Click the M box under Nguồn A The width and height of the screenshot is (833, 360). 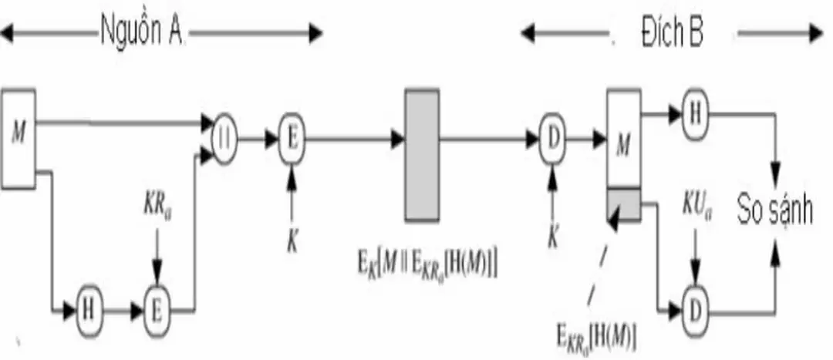19,138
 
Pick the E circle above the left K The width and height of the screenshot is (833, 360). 292,140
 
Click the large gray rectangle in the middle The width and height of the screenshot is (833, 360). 422,155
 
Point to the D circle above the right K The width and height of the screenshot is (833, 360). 552,140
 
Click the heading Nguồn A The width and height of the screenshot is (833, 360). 142,33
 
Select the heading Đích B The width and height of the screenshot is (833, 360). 672,33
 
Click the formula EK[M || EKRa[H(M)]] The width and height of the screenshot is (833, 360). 420,265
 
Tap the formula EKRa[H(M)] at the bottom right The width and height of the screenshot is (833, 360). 595,336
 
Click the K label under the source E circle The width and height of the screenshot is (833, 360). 292,241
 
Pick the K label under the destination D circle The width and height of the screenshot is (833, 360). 552,237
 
